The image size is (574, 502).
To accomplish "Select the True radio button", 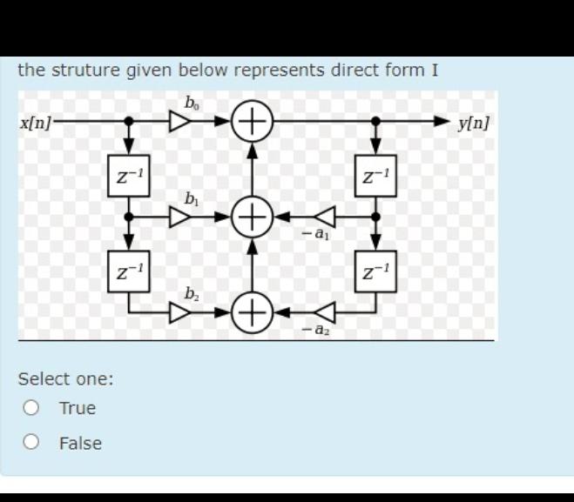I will tap(32, 408).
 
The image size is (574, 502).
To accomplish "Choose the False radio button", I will tap(32, 443).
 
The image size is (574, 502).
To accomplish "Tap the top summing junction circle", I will tap(253, 120).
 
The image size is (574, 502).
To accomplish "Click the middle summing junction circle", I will tap(253, 215).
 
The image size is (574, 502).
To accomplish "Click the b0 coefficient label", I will tap(192, 101).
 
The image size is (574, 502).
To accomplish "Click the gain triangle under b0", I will tap(179, 121).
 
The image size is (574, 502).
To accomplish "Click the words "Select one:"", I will tap(66, 379).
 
